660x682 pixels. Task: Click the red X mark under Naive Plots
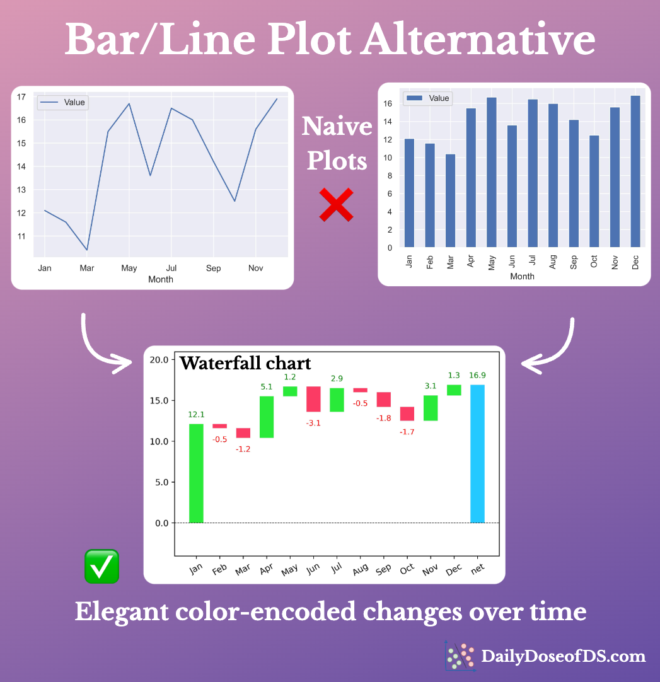336,205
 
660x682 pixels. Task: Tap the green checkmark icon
101,565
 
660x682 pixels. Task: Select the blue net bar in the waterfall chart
477,453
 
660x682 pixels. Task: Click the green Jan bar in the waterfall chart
196,473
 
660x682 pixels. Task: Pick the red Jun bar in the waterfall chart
313,399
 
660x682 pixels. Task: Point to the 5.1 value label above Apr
267,387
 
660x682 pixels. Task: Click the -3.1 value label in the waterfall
313,423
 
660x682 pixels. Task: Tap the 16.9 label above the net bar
477,376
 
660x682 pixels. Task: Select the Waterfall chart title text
245,363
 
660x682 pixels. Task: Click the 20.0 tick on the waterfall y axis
161,360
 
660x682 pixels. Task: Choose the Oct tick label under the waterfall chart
407,568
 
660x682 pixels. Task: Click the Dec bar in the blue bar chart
635,171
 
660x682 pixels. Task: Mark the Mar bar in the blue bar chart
450,200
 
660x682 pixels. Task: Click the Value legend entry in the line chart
63,103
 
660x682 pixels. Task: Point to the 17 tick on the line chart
21,97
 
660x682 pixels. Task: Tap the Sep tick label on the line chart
213,269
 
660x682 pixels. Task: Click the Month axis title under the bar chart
522,276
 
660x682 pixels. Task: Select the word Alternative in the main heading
477,40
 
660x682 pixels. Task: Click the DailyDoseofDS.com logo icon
460,656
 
